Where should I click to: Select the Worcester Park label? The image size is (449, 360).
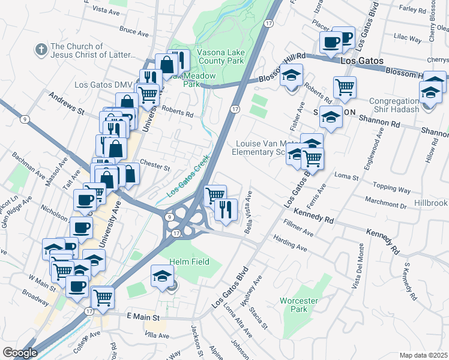point(294,304)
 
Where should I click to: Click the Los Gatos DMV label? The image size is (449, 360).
point(103,85)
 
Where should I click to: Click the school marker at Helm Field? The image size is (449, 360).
point(163,276)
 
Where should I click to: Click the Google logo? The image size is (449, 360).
point(19,352)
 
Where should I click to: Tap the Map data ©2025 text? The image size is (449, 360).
point(423,355)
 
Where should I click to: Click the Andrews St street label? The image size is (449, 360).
point(67,103)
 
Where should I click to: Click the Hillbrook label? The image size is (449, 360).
point(430,203)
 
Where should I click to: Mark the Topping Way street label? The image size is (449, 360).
point(391,188)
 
